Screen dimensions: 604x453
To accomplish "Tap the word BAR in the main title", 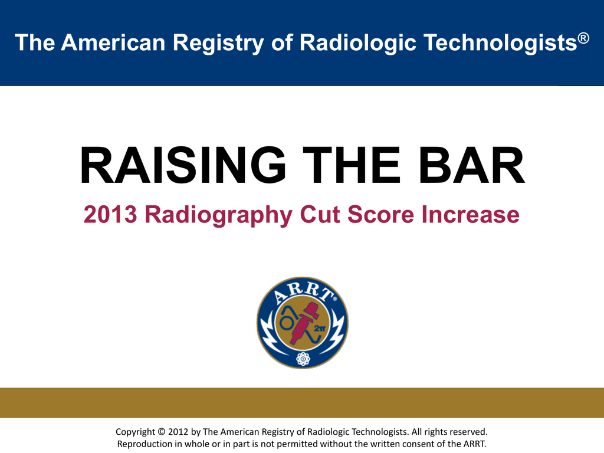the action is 471,165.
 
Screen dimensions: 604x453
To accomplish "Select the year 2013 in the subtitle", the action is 110,214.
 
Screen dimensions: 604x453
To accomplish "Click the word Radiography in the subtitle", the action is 218,215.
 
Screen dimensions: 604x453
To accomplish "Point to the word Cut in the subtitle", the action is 319,214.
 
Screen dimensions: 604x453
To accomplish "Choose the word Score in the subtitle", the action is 380,214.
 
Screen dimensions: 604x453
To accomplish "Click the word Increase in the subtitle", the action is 470,214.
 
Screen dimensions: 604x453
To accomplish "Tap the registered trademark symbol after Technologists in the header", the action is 583,38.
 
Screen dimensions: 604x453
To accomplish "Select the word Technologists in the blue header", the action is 500,43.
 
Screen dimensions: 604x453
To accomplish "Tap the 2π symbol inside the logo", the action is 320,329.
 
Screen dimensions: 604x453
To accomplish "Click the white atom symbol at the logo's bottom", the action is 303,359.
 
